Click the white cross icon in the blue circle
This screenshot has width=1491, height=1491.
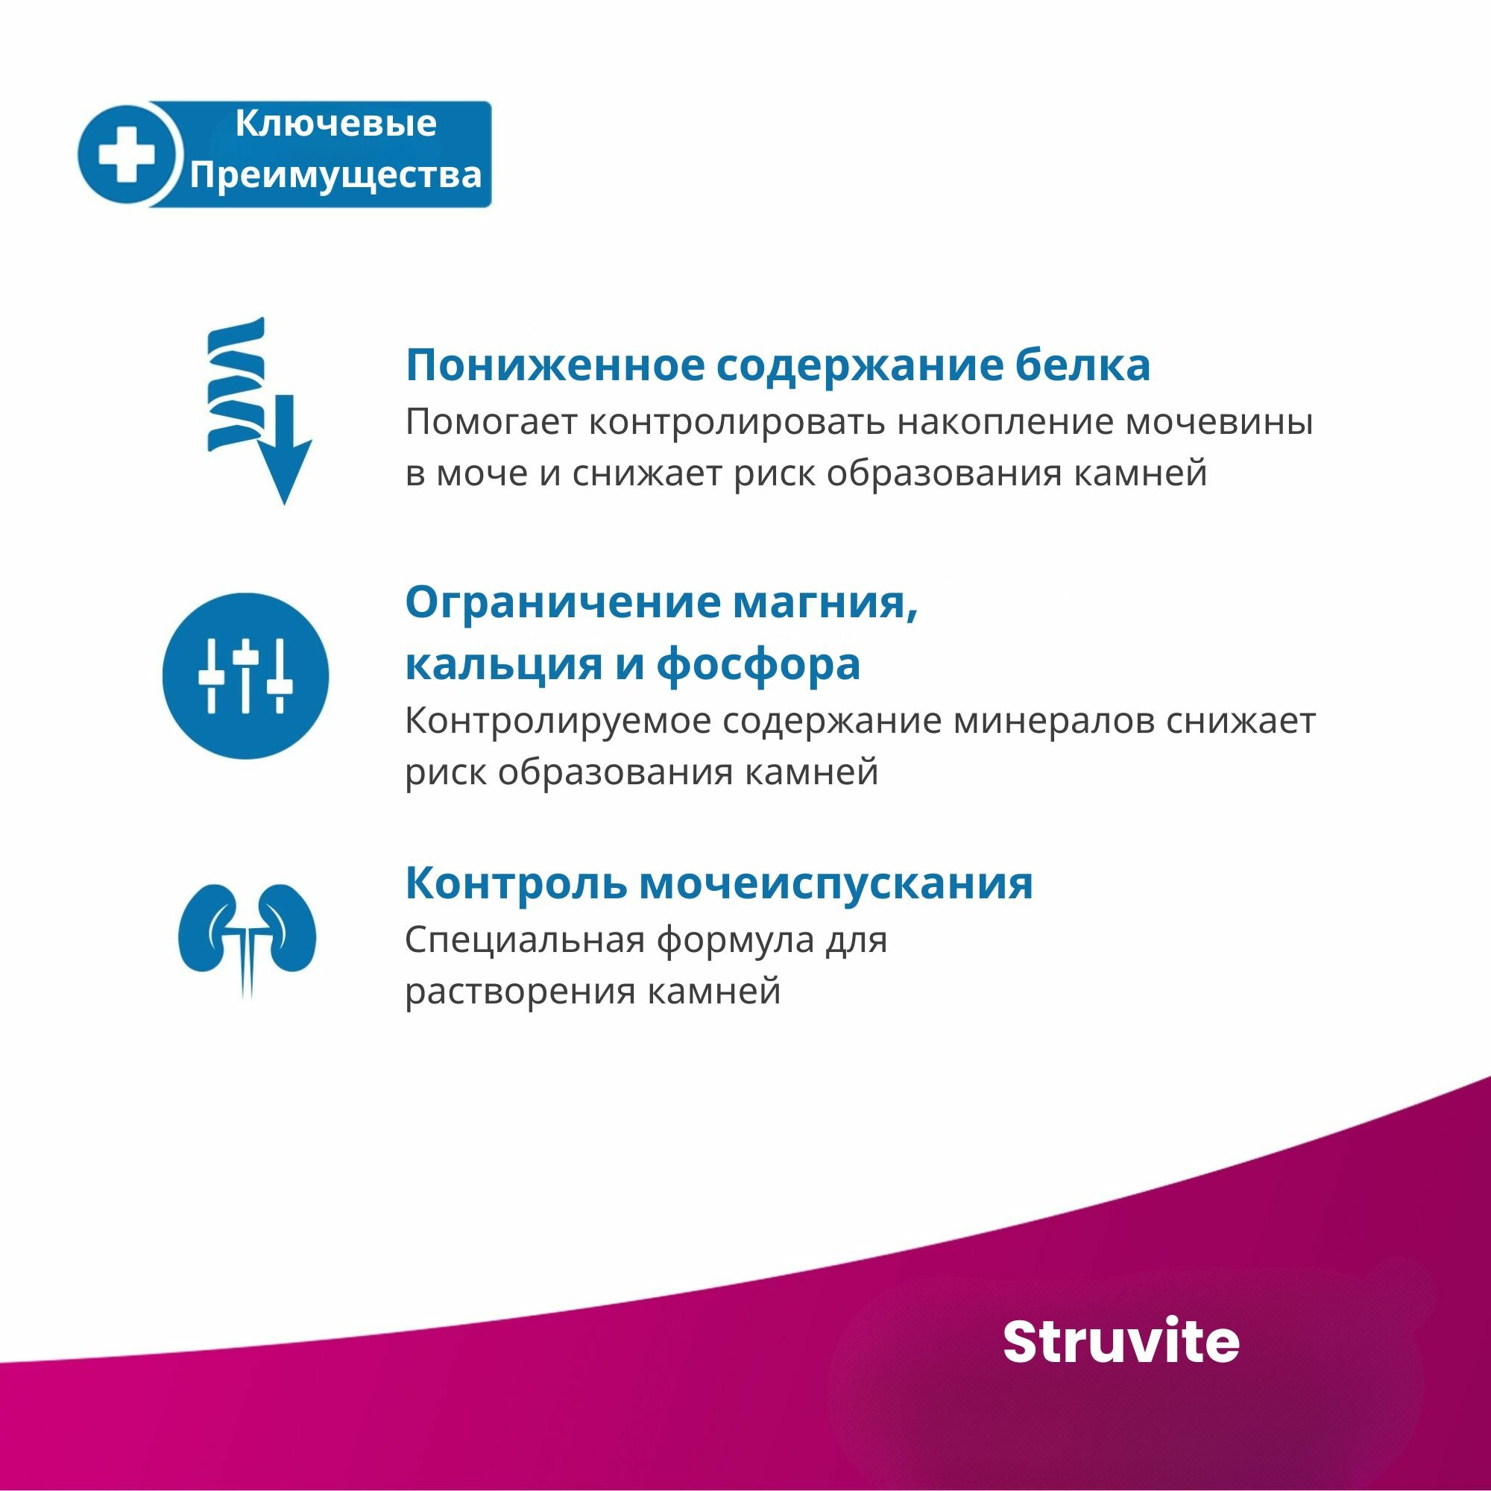tap(126, 154)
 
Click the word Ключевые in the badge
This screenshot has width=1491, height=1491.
tap(335, 124)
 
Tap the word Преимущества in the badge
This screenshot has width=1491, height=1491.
tap(335, 175)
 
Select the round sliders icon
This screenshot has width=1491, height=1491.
tap(245, 676)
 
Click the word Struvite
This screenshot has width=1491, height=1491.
tap(1120, 1342)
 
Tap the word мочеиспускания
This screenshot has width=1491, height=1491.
tap(836, 883)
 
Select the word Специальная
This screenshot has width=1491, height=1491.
tap(525, 940)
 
